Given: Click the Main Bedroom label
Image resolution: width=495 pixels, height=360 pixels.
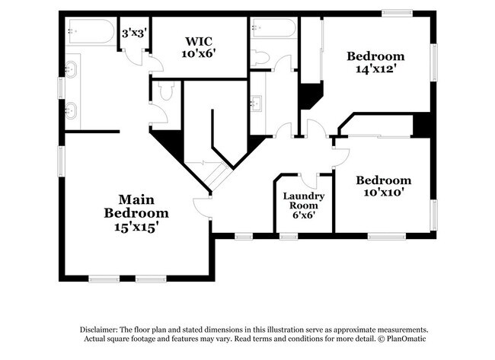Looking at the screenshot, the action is coord(136,206).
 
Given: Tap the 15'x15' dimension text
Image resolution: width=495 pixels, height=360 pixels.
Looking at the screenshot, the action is coord(136,227).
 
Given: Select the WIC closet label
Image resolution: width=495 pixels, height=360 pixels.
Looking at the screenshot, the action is coord(199,41).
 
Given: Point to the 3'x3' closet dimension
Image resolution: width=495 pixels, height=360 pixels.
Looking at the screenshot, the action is coord(135,33).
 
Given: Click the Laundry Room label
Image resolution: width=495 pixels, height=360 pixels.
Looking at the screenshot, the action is coord(304,201).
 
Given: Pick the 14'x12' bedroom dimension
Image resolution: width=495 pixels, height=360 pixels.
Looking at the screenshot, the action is coord(375,68).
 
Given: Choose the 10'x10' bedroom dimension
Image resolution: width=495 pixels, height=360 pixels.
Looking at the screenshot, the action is coord(384,192).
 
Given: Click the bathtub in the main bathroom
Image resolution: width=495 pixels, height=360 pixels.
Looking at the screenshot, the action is coord(91,31).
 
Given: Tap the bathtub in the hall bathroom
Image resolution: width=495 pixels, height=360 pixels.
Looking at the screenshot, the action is coord(273,27).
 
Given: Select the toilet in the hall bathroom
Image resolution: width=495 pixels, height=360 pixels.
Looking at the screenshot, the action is coord(260,58).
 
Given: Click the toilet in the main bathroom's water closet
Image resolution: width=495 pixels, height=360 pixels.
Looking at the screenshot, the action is coord(166,91).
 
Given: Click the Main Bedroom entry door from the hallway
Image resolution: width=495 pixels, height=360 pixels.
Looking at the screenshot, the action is coord(201,208).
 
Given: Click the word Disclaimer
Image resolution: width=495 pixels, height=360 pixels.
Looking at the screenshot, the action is coord(99,330).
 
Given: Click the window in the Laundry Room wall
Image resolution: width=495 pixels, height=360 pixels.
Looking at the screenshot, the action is coord(289,236).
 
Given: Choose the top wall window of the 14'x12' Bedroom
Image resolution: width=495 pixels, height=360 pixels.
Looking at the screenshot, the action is coord(397,13).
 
